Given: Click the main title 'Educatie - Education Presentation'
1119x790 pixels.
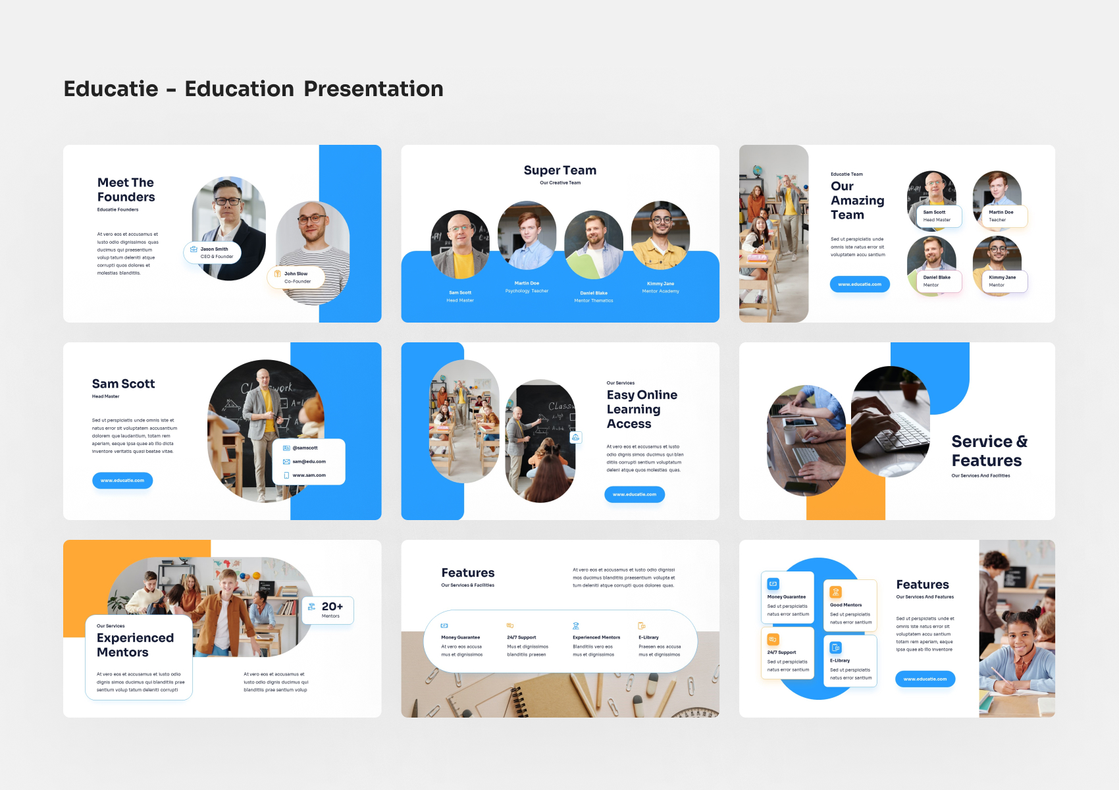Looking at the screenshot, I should pos(253,89).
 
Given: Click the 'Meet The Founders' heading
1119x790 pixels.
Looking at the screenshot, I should pos(126,190).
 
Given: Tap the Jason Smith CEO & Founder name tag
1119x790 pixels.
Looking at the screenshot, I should pos(213,253).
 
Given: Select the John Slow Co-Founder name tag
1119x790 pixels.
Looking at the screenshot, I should pos(296,277).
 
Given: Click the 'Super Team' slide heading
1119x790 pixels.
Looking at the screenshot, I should pos(559,171).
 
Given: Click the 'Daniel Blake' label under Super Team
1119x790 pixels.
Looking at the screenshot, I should pos(594,293).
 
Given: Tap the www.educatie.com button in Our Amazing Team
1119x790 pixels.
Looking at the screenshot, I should pos(860,284).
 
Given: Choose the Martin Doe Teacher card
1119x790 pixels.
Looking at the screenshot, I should pos(1001,216).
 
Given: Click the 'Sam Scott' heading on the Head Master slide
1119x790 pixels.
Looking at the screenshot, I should pos(123,384).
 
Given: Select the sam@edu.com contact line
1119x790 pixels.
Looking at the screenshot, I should pos(308,461).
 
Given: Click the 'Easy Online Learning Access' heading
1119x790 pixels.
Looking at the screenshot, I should pos(642,409).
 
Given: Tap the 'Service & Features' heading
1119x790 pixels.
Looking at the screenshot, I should pos(989,451).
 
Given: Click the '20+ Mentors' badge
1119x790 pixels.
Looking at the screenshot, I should pos(328,610).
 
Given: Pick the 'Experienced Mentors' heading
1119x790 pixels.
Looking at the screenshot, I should pos(135,645).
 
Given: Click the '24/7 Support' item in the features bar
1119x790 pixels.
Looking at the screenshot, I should pos(521,637).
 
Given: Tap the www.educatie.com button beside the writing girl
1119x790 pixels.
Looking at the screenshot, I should pos(925,679).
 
